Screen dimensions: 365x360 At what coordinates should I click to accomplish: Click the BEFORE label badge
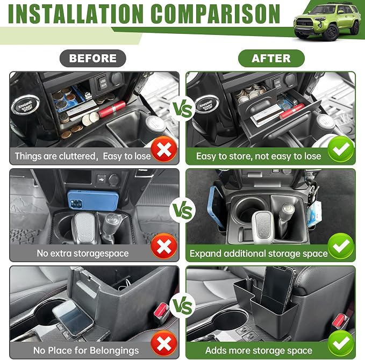coord(92,58)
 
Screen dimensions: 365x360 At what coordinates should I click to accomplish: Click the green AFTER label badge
coord(271,58)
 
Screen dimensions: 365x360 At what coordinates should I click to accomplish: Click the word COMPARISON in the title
coord(216,14)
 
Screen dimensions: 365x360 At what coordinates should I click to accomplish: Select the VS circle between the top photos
coord(183,109)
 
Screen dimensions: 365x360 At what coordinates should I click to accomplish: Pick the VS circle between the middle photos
coord(183,211)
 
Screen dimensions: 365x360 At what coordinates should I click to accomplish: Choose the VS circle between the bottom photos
coord(183,306)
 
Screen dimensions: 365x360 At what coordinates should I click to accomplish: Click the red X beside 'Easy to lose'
coord(164,149)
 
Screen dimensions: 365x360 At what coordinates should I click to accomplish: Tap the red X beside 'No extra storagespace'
coord(164,246)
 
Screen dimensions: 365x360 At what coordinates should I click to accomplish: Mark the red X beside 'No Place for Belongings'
coord(164,343)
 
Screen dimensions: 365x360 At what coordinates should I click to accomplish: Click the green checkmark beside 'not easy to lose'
coord(341,149)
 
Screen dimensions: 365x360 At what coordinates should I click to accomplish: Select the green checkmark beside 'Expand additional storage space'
coord(341,246)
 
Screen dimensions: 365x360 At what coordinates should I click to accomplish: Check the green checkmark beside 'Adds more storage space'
coord(341,343)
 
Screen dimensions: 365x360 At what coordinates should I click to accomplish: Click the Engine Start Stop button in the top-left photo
coord(25,104)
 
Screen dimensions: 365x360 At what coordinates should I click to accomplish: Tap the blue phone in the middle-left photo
coord(93,200)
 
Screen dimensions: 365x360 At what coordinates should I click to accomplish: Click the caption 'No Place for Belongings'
coord(86,350)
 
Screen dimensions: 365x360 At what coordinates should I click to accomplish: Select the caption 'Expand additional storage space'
coord(259,254)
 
